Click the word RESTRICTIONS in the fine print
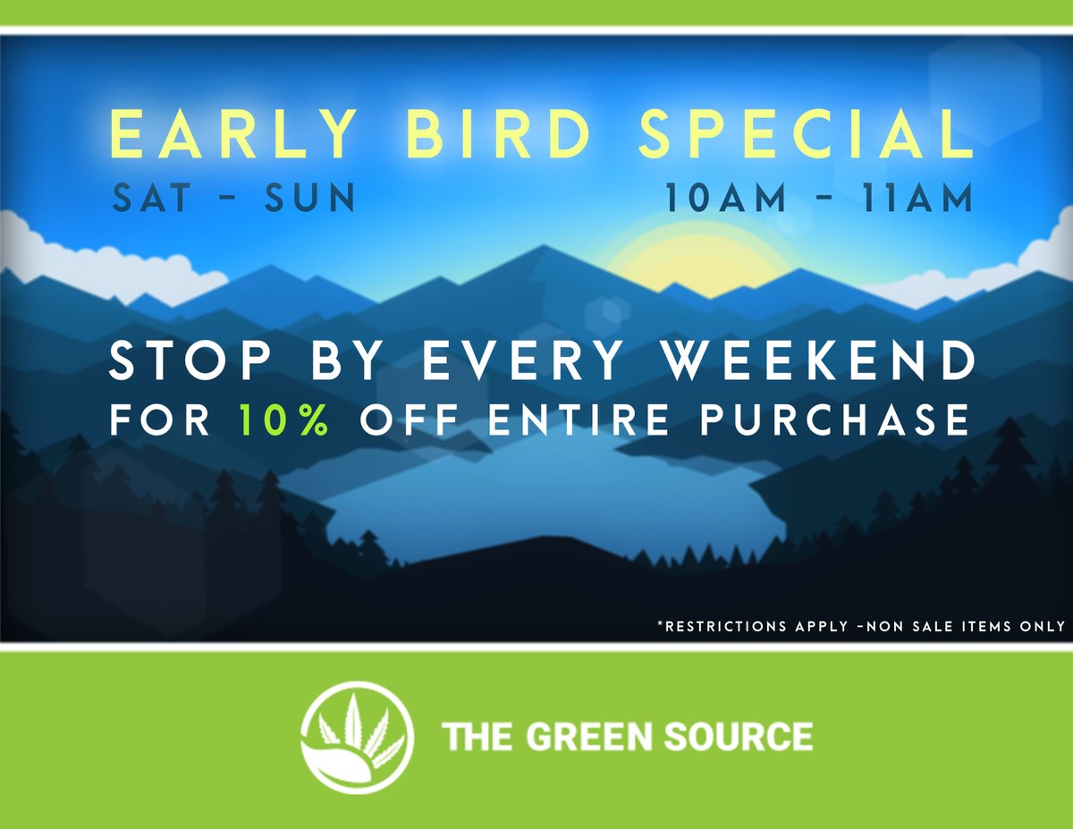pyautogui.click(x=722, y=626)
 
